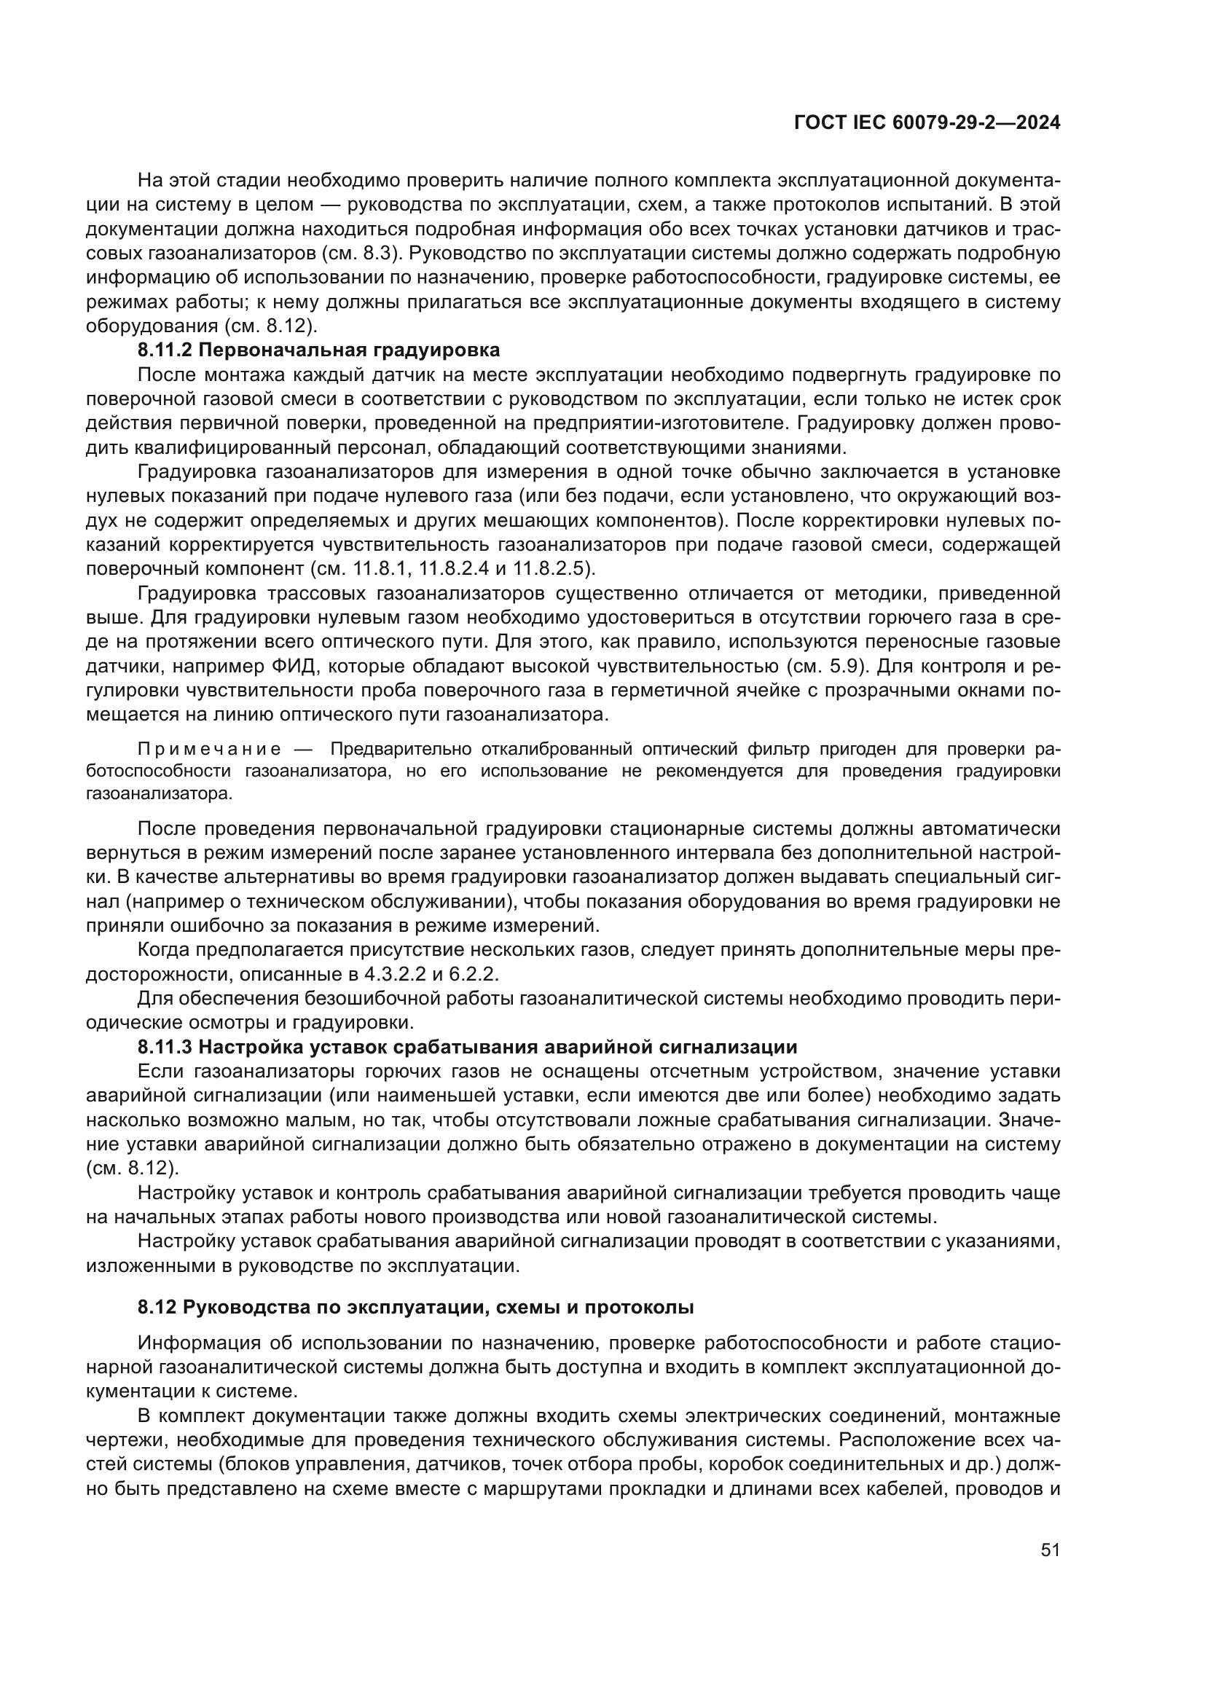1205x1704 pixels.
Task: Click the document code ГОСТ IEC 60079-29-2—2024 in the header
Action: [927, 122]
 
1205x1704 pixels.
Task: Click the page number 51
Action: [1050, 1550]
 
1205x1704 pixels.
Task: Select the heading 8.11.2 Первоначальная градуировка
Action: [318, 350]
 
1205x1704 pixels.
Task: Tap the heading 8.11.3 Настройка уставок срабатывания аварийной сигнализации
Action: [467, 1047]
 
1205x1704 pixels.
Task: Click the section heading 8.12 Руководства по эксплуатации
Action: [415, 1308]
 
